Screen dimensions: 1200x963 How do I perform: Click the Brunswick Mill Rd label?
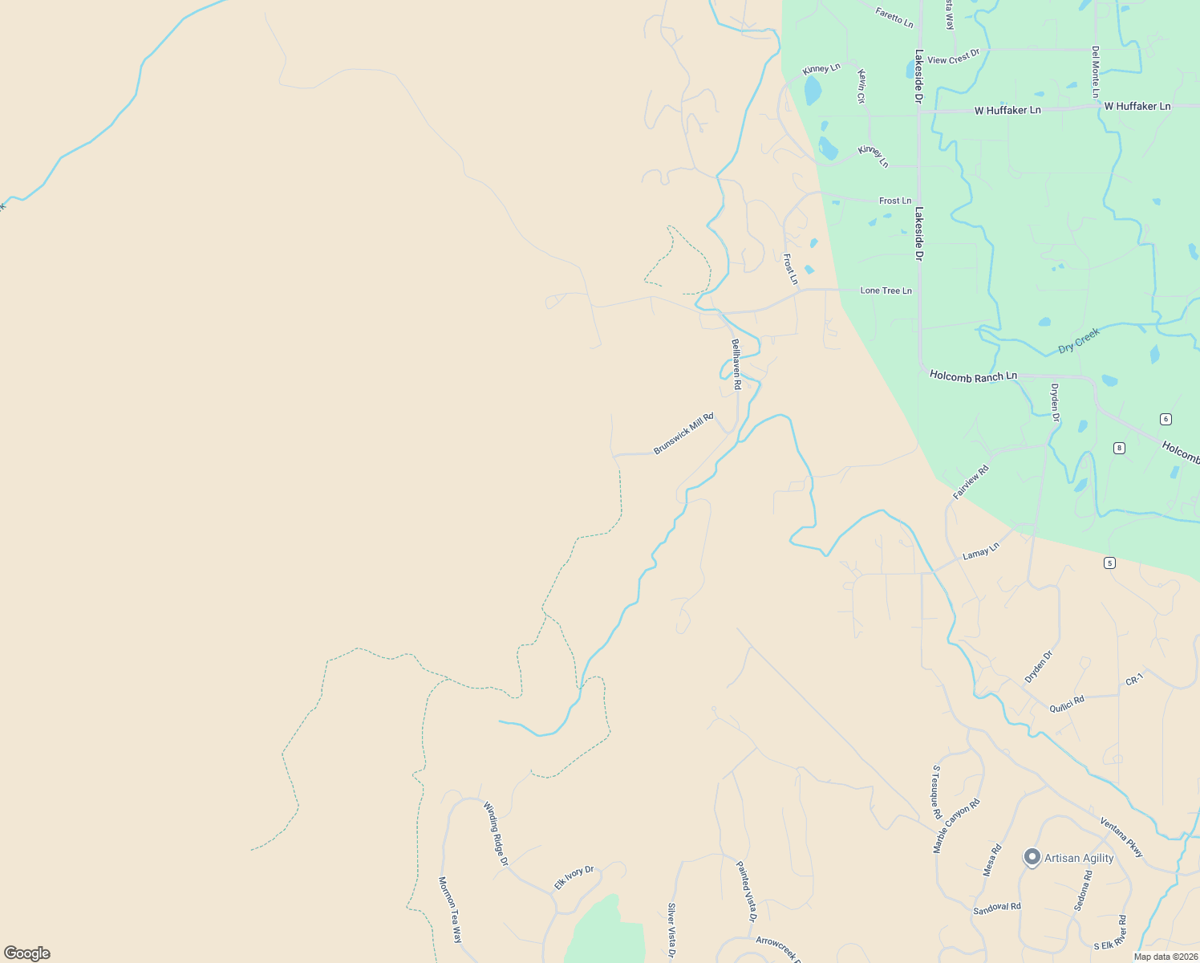(683, 434)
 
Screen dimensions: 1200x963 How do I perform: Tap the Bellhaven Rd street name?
(736, 364)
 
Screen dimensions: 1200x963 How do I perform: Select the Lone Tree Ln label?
(886, 291)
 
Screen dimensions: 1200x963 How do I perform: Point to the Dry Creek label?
(1078, 340)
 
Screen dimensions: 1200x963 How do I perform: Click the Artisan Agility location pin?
(1032, 857)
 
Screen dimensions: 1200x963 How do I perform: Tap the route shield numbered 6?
(1166, 419)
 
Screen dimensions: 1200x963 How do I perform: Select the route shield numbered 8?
(1119, 448)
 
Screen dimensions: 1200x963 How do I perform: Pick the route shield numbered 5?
(1109, 563)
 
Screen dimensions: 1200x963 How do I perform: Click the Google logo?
(27, 953)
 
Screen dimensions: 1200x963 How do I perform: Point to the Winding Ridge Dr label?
(496, 834)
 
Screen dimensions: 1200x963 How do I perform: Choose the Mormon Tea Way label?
(450, 909)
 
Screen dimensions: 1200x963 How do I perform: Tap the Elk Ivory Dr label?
(574, 877)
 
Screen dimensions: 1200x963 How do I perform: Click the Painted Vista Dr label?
(747, 891)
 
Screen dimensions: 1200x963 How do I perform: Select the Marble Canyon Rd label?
(956, 826)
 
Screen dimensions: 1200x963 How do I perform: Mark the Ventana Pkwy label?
(1121, 837)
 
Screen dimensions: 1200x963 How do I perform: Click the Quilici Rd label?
(1067, 704)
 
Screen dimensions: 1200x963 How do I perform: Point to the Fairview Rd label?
(971, 482)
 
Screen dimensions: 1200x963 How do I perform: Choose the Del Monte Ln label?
(1096, 72)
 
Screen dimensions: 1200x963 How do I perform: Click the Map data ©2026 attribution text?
(1166, 957)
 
